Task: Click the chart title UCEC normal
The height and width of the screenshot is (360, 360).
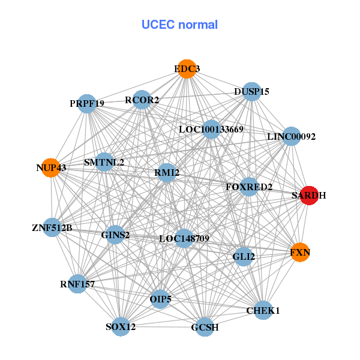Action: point(179,25)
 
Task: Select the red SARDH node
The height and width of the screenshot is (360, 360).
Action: point(309,195)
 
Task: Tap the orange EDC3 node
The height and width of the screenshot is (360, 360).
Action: point(187,69)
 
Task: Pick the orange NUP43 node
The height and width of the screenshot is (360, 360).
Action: point(51,168)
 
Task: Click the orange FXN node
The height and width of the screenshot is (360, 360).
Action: point(299,253)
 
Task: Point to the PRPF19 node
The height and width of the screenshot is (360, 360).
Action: point(87,103)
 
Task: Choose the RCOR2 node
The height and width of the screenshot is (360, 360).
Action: point(142,100)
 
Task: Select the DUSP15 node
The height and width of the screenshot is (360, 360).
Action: point(252,92)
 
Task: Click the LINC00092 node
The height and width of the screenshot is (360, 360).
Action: point(291,137)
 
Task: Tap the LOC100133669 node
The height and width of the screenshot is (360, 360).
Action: point(211,129)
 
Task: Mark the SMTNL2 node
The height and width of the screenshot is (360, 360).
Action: point(104,162)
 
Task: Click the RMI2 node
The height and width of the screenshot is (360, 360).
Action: point(167,173)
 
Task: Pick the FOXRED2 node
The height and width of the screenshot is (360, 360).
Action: point(249,187)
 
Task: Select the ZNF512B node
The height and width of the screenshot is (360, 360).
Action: point(52,227)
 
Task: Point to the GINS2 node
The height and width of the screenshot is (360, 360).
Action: point(115,235)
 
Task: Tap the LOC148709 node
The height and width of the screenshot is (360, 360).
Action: point(184,238)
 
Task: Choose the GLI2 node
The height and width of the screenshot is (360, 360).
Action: point(244,257)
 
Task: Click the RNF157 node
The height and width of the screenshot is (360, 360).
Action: point(77,283)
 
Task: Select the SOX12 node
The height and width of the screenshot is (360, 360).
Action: point(121,326)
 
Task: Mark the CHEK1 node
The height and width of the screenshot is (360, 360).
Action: point(263,310)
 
